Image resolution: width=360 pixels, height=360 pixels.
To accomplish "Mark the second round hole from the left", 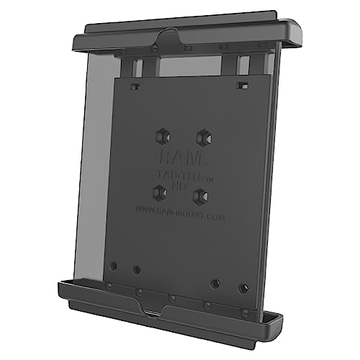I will point(136,270).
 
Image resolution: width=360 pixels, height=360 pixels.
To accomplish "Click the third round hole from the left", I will point(214,283).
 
